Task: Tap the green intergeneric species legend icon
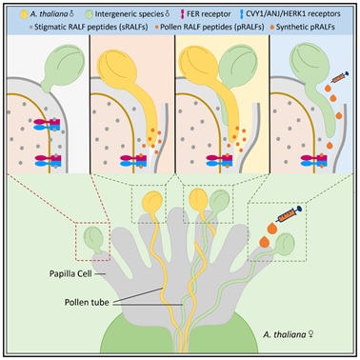90,14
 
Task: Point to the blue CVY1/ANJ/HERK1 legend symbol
242,14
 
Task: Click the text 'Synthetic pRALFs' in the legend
306,27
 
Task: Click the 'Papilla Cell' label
70,273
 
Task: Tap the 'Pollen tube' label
87,302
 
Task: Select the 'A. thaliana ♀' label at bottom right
289,334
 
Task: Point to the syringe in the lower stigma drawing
289,215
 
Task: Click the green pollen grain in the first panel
64,70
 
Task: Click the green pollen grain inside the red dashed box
93,239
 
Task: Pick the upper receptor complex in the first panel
48,124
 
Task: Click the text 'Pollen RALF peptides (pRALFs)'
212,27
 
